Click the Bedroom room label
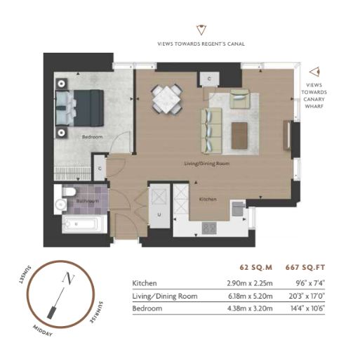92,137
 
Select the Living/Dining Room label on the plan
207,164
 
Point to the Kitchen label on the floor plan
208,199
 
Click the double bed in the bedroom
80,108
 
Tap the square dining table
167,100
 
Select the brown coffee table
239,136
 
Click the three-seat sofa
211,131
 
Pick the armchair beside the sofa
240,98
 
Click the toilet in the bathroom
69,192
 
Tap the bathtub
81,224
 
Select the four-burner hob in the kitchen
209,228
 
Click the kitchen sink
238,209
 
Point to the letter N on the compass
68,278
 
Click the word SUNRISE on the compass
97,312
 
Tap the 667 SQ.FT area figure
305,267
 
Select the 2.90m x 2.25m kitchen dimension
250,283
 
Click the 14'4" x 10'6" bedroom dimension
307,308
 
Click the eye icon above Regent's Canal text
201,30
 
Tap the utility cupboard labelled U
159,206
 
